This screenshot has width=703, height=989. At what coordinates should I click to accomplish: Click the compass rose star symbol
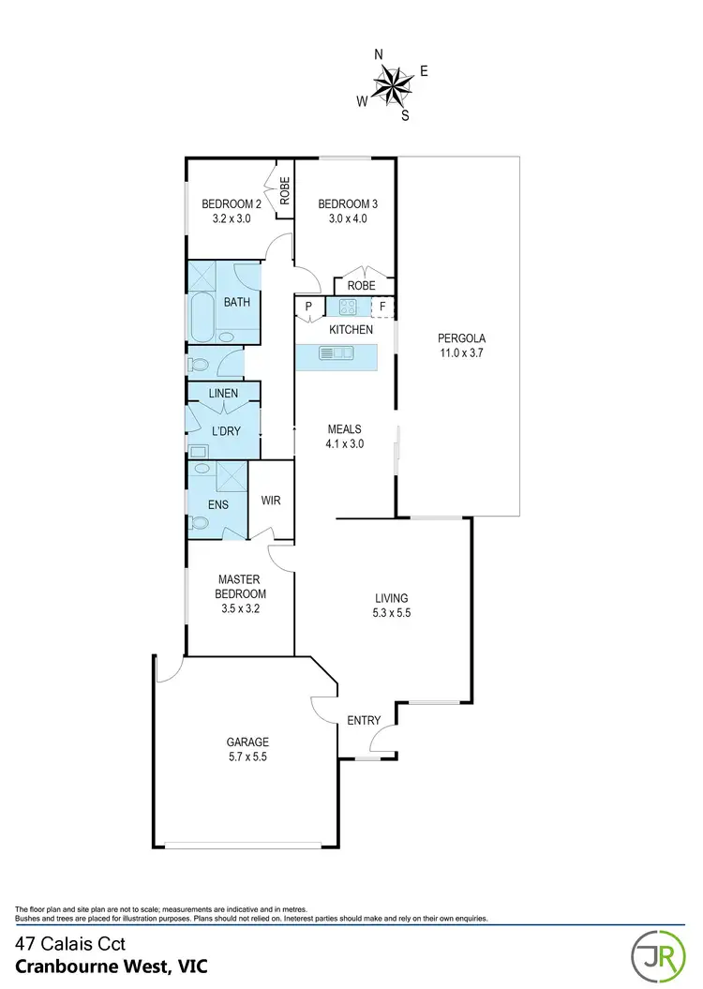(394, 85)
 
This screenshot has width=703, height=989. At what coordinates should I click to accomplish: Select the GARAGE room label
(247, 748)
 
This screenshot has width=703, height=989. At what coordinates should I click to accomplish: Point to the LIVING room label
(391, 605)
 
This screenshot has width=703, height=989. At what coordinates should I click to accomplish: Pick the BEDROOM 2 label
(232, 211)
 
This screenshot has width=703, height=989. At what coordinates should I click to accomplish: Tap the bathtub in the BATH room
(202, 319)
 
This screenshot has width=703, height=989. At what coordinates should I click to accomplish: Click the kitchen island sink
(335, 352)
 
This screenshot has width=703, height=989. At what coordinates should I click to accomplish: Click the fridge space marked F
(382, 306)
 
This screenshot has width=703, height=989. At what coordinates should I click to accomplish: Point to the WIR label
(271, 501)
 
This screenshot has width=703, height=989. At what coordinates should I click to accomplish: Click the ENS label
(217, 504)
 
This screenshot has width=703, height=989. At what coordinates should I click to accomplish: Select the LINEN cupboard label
(223, 393)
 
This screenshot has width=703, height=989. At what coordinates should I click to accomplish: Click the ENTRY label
(364, 720)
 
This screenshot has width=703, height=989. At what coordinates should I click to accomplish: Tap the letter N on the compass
(379, 55)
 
